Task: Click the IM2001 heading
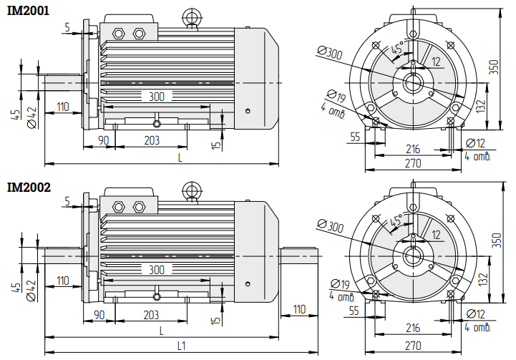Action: [29, 11]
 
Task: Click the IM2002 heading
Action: [29, 188]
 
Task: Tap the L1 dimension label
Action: [181, 346]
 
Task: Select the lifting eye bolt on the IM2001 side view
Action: [192, 18]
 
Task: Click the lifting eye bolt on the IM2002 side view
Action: [192, 192]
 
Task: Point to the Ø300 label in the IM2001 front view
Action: [330, 53]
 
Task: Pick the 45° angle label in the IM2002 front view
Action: [396, 220]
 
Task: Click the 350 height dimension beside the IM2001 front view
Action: [494, 67]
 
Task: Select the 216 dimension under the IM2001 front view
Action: [413, 149]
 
